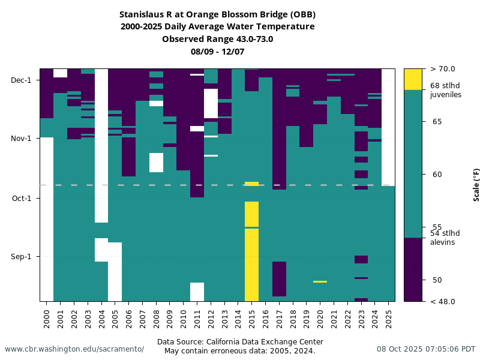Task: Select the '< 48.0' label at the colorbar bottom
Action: (443, 301)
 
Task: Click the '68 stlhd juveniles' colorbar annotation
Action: (446, 90)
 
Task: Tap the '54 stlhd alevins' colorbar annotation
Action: (445, 238)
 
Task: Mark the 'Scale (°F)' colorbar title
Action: (476, 185)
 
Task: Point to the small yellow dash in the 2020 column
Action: (320, 281)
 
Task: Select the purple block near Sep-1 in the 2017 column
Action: (279, 278)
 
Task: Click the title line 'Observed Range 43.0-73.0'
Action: (217, 39)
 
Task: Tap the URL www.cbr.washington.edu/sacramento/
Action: (74, 349)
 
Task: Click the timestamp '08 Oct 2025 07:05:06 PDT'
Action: (426, 349)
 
